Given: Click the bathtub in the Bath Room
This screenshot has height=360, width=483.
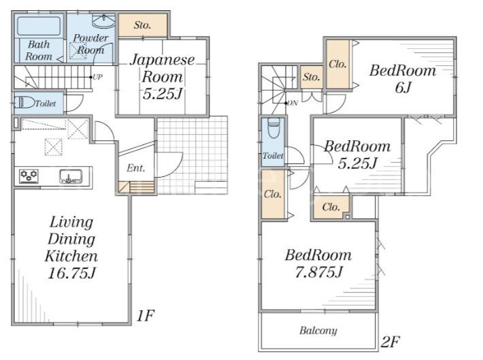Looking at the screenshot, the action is pyautogui.click(x=39, y=26).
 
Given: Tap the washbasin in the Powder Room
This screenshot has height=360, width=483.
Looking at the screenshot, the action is pyautogui.click(x=104, y=21).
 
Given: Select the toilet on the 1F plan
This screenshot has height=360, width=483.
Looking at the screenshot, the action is pyautogui.click(x=24, y=102).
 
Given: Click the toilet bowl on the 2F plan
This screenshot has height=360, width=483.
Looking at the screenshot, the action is pyautogui.click(x=273, y=127).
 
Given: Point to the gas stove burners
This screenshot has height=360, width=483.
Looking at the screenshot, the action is pyautogui.click(x=29, y=176).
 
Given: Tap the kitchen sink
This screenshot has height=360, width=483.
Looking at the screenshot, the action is pyautogui.click(x=71, y=176).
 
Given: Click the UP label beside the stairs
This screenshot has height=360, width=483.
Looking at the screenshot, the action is pyautogui.click(x=97, y=77).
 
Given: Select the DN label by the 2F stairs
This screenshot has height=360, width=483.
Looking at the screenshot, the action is pyautogui.click(x=293, y=103).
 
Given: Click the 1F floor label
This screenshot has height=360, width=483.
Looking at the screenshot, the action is pyautogui.click(x=145, y=315).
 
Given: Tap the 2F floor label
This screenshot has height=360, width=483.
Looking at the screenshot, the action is pyautogui.click(x=390, y=342).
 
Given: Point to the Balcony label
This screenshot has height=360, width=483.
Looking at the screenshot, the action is pyautogui.click(x=318, y=331).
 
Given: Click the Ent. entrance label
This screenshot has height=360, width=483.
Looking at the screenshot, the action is pyautogui.click(x=135, y=168).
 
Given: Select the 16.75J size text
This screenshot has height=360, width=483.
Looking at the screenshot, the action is pyautogui.click(x=72, y=273).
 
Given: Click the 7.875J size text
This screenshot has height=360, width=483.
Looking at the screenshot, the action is pyautogui.click(x=319, y=272).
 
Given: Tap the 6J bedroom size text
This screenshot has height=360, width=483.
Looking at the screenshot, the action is pyautogui.click(x=403, y=88).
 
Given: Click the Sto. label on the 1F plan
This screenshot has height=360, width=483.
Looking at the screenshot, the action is pyautogui.click(x=142, y=25).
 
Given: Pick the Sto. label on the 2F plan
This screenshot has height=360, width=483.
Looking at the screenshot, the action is pyautogui.click(x=312, y=77).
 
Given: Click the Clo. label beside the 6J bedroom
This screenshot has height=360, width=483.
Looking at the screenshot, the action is pyautogui.click(x=337, y=64).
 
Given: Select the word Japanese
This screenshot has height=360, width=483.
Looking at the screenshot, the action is pyautogui.click(x=162, y=60).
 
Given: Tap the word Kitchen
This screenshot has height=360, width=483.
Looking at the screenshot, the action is pyautogui.click(x=71, y=256).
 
